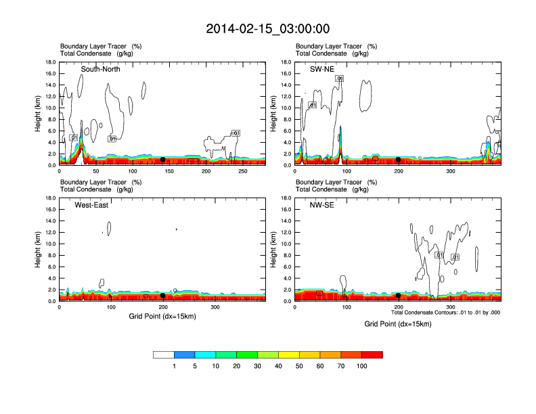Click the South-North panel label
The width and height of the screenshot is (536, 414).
point(101,69)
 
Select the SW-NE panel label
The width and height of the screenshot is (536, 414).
point(321,69)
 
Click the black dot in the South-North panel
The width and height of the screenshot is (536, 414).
point(162,160)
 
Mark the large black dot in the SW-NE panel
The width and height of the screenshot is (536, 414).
point(398,160)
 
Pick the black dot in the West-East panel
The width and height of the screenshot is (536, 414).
point(162,296)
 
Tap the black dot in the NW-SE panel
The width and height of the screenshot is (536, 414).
point(398,296)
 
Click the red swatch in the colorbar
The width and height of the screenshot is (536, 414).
point(372,354)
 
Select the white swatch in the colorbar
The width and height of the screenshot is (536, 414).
point(164,354)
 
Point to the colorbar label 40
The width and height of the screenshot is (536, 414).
point(278,366)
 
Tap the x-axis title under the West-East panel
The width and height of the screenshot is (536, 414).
point(162,316)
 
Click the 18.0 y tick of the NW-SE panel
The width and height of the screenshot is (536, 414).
point(286,198)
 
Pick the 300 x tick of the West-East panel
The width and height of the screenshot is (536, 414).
point(215,308)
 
